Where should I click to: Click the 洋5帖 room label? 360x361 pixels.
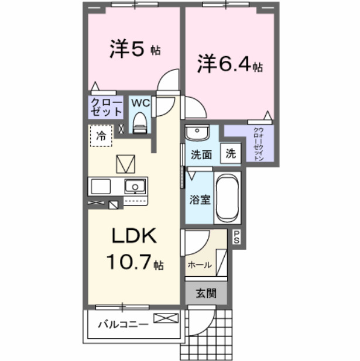click(x=135, y=50)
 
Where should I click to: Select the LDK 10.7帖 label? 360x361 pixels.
click(x=134, y=249)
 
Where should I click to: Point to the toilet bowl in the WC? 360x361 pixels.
click(x=139, y=122)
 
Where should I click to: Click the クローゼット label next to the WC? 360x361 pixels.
click(x=106, y=107)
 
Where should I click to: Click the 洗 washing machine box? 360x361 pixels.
click(x=231, y=154)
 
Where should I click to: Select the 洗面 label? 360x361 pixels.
click(x=201, y=155)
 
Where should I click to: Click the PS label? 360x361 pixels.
click(x=237, y=236)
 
